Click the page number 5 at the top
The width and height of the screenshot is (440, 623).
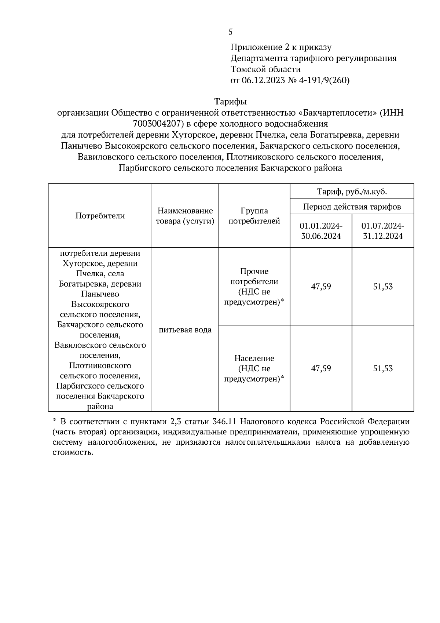pyautogui.click(x=230, y=32)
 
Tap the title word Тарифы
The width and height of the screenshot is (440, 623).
pyautogui.click(x=230, y=102)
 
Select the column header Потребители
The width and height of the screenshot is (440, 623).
pyautogui.click(x=100, y=216)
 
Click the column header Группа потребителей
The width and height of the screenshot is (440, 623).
pyautogui.click(x=254, y=216)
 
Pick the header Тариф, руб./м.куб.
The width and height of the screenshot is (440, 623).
pyautogui.click(x=352, y=192)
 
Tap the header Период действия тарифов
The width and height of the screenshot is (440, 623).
pyautogui.click(x=352, y=207)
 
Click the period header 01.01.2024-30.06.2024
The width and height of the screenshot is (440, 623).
pyautogui.click(x=321, y=231)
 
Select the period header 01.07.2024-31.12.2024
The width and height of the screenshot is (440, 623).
pyautogui.click(x=383, y=231)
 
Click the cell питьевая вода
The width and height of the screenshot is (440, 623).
pyautogui.click(x=185, y=330)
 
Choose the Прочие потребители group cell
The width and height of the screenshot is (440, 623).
pyautogui.click(x=254, y=287)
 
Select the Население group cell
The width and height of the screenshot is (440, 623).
pyautogui.click(x=254, y=368)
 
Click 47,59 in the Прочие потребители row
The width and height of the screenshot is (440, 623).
pyautogui.click(x=321, y=287)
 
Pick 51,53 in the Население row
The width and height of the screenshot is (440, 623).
pyautogui.click(x=383, y=368)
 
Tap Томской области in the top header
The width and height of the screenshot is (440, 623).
pyautogui.click(x=265, y=69)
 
